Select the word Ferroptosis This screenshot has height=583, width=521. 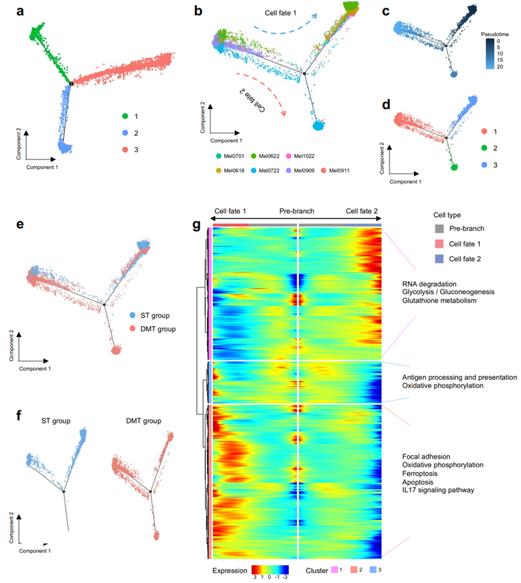[x=424, y=473]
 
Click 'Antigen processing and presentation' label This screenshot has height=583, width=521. [x=460, y=378]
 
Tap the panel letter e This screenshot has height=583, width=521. [x=21, y=225]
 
